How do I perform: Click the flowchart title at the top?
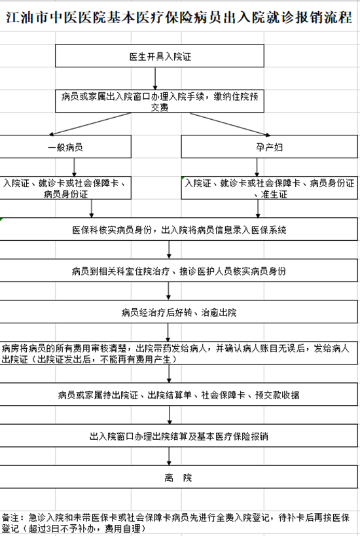click(x=179, y=17)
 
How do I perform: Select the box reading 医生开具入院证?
click(x=160, y=56)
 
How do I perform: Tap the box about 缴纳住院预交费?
click(x=160, y=101)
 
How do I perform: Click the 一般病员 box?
click(x=65, y=147)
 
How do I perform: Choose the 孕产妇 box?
click(x=270, y=147)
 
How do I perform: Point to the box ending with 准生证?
click(x=270, y=188)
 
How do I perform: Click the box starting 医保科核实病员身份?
click(x=179, y=229)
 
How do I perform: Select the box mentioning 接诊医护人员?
click(x=179, y=271)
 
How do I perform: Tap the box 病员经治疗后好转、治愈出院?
click(x=179, y=312)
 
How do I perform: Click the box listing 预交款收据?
click(x=179, y=395)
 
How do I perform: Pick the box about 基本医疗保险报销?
click(x=179, y=436)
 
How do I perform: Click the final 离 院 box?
click(x=179, y=477)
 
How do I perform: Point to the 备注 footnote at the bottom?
click(x=175, y=523)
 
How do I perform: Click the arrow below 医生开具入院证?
click(x=155, y=79)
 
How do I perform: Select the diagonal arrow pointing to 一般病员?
click(x=90, y=124)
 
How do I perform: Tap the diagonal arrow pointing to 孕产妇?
click(x=230, y=124)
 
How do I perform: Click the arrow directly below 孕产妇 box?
click(x=257, y=167)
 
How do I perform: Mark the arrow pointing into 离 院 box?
click(x=169, y=456)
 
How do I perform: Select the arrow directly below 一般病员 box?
click(x=74, y=167)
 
